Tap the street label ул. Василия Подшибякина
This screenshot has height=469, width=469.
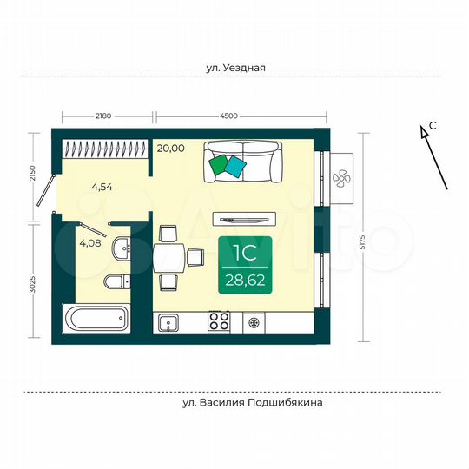pyautogui.click(x=246, y=403)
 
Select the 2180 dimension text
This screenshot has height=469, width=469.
pyautogui.click(x=105, y=115)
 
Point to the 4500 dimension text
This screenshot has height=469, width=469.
pyautogui.click(x=230, y=115)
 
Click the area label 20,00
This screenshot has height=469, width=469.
pyautogui.click(x=171, y=149)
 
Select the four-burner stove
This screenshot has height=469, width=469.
pyautogui.click(x=218, y=323)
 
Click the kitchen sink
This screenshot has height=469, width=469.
pyautogui.click(x=168, y=323)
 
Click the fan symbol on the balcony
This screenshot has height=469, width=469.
pyautogui.click(x=342, y=178)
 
